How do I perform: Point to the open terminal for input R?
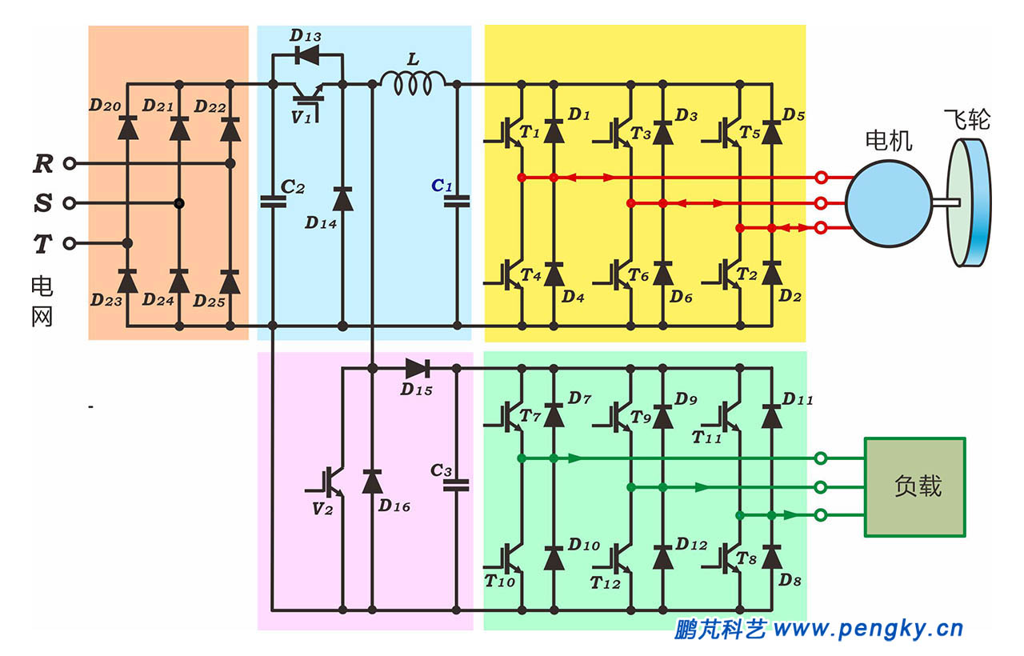70,163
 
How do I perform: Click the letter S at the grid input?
42,204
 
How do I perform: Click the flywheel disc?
968,202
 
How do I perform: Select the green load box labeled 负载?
914,486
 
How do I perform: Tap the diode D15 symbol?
417,368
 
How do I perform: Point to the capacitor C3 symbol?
457,485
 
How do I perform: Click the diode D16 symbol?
372,482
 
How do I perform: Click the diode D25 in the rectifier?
230,282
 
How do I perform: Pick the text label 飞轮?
966,120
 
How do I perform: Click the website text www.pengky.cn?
869,630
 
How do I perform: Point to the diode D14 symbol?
342,198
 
